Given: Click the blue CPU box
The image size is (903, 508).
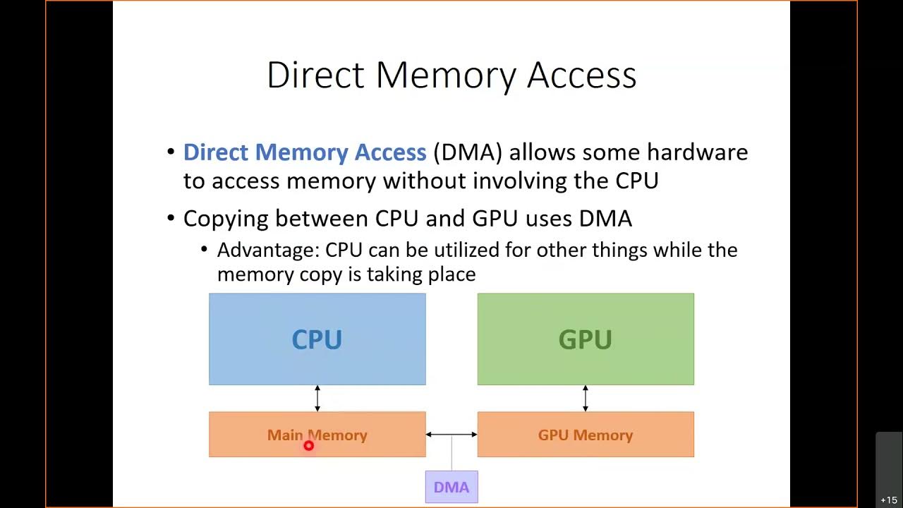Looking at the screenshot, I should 317,339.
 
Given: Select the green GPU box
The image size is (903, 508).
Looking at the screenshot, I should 586,339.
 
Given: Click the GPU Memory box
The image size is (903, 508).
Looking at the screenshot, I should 586,435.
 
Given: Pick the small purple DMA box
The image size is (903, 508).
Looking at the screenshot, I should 451,487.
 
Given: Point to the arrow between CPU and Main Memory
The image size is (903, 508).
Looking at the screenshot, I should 317,399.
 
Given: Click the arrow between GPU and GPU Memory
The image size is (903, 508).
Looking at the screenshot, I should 586,399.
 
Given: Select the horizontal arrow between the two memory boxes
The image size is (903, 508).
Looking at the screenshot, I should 451,435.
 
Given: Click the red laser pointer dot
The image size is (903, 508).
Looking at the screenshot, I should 308,445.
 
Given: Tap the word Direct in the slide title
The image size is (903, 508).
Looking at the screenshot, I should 315,75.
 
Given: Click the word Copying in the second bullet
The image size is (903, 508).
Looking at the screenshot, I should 226,219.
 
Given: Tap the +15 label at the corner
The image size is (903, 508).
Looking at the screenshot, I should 888,500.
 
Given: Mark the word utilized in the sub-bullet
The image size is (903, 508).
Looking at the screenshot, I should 440,250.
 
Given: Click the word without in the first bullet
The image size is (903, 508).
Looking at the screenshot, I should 425,181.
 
